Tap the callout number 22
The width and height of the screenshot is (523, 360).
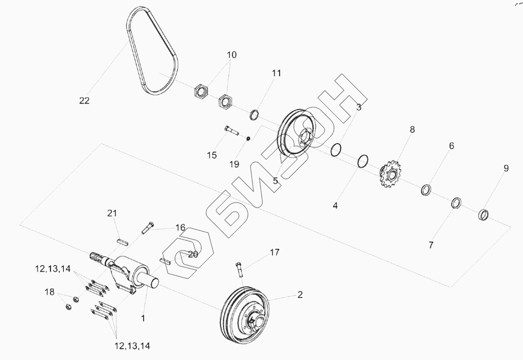pos(84,101)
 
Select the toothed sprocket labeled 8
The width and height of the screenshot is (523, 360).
pos(390,174)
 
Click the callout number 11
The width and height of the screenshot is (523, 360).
pos(276,73)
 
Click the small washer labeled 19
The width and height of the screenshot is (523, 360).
pos(249,139)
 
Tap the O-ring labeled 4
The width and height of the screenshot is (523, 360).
pos(363,161)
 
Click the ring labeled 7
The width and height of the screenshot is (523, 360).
pos(456,202)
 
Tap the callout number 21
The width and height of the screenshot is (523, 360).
pos(112,213)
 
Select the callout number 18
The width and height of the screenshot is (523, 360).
pos(50,292)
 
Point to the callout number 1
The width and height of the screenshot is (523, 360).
pos(143,319)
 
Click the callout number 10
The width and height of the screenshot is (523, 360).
pos(232,55)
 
